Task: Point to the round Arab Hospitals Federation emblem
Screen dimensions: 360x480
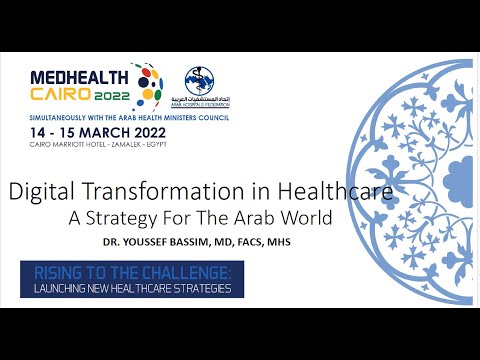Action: tap(197, 79)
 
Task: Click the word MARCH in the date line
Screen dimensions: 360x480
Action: tap(99, 132)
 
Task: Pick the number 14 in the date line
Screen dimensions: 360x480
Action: tap(39, 132)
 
